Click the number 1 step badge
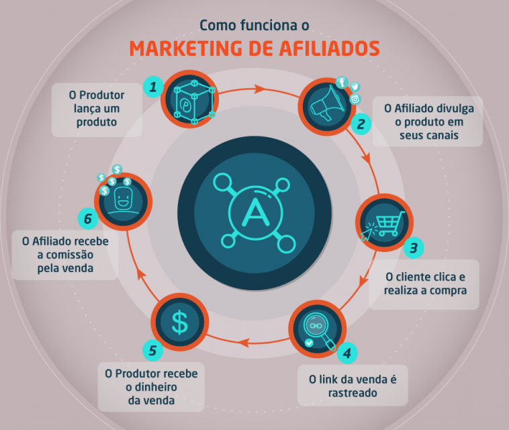coord(153,87)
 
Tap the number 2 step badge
coord(361,124)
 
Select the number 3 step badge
coord(414,248)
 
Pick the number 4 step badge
coord(347,353)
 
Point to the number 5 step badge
coord(152,351)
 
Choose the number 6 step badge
coord(88,218)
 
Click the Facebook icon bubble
coord(342,83)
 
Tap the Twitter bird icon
coord(355,87)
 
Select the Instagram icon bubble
coord(355,99)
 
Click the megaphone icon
coord(327,103)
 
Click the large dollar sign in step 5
coord(179,322)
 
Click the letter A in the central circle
coord(256,212)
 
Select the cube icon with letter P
coord(194,101)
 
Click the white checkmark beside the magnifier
coord(309,342)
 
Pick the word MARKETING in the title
coord(186,48)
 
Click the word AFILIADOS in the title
coord(329,48)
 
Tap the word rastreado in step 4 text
coord(353,393)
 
